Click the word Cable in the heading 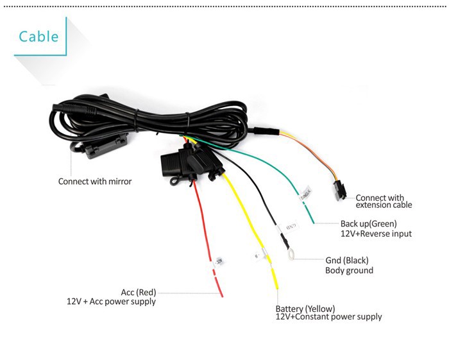(38, 36)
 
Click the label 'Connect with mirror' (95, 181)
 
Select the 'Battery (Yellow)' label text (305, 308)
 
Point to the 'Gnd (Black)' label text (346, 261)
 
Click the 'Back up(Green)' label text (368, 223)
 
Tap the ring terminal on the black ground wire (292, 255)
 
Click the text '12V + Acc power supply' (111, 301)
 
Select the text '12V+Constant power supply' (328, 317)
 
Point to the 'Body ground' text (349, 270)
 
